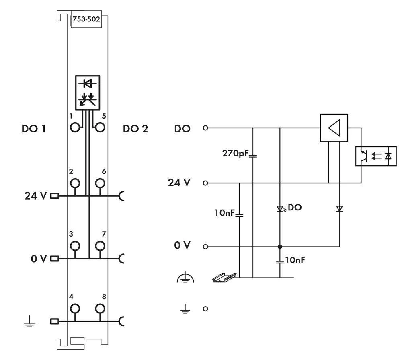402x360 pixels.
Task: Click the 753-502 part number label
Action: [85, 19]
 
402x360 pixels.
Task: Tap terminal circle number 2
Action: [75, 183]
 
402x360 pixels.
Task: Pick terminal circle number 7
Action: [100, 246]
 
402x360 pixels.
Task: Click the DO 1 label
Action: [34, 129]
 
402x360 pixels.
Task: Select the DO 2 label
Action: [135, 129]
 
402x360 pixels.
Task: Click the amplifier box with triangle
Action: [334, 128]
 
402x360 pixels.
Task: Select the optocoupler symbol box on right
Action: [376, 156]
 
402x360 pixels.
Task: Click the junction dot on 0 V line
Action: [280, 246]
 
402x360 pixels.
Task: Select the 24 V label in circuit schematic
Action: [179, 183]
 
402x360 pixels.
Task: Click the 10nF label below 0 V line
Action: [294, 260]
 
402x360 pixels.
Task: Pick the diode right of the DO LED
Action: [339, 208]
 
